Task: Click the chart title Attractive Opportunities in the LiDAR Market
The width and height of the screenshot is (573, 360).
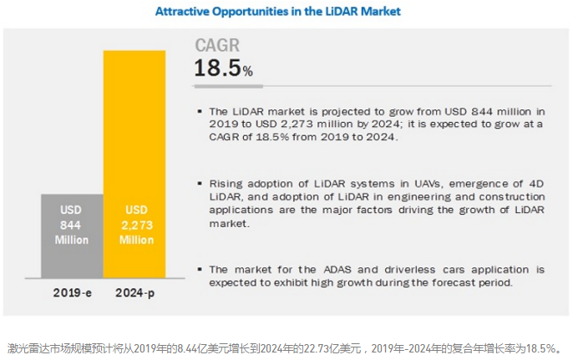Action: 278,12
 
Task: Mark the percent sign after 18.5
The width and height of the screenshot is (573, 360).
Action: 247,72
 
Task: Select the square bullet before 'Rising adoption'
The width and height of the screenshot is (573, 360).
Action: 200,183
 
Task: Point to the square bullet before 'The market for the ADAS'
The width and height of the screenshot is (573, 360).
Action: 200,270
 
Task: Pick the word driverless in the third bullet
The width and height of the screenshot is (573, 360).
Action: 382,270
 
